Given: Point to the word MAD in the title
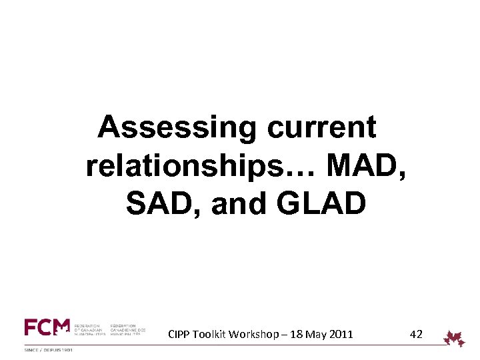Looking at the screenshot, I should coord(363,165).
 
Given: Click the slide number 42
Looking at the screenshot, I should coord(415,334).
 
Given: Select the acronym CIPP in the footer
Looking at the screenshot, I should coord(181,334).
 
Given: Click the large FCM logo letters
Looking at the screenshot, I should coord(47,327).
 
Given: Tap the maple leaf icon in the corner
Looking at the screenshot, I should coord(455,338).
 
